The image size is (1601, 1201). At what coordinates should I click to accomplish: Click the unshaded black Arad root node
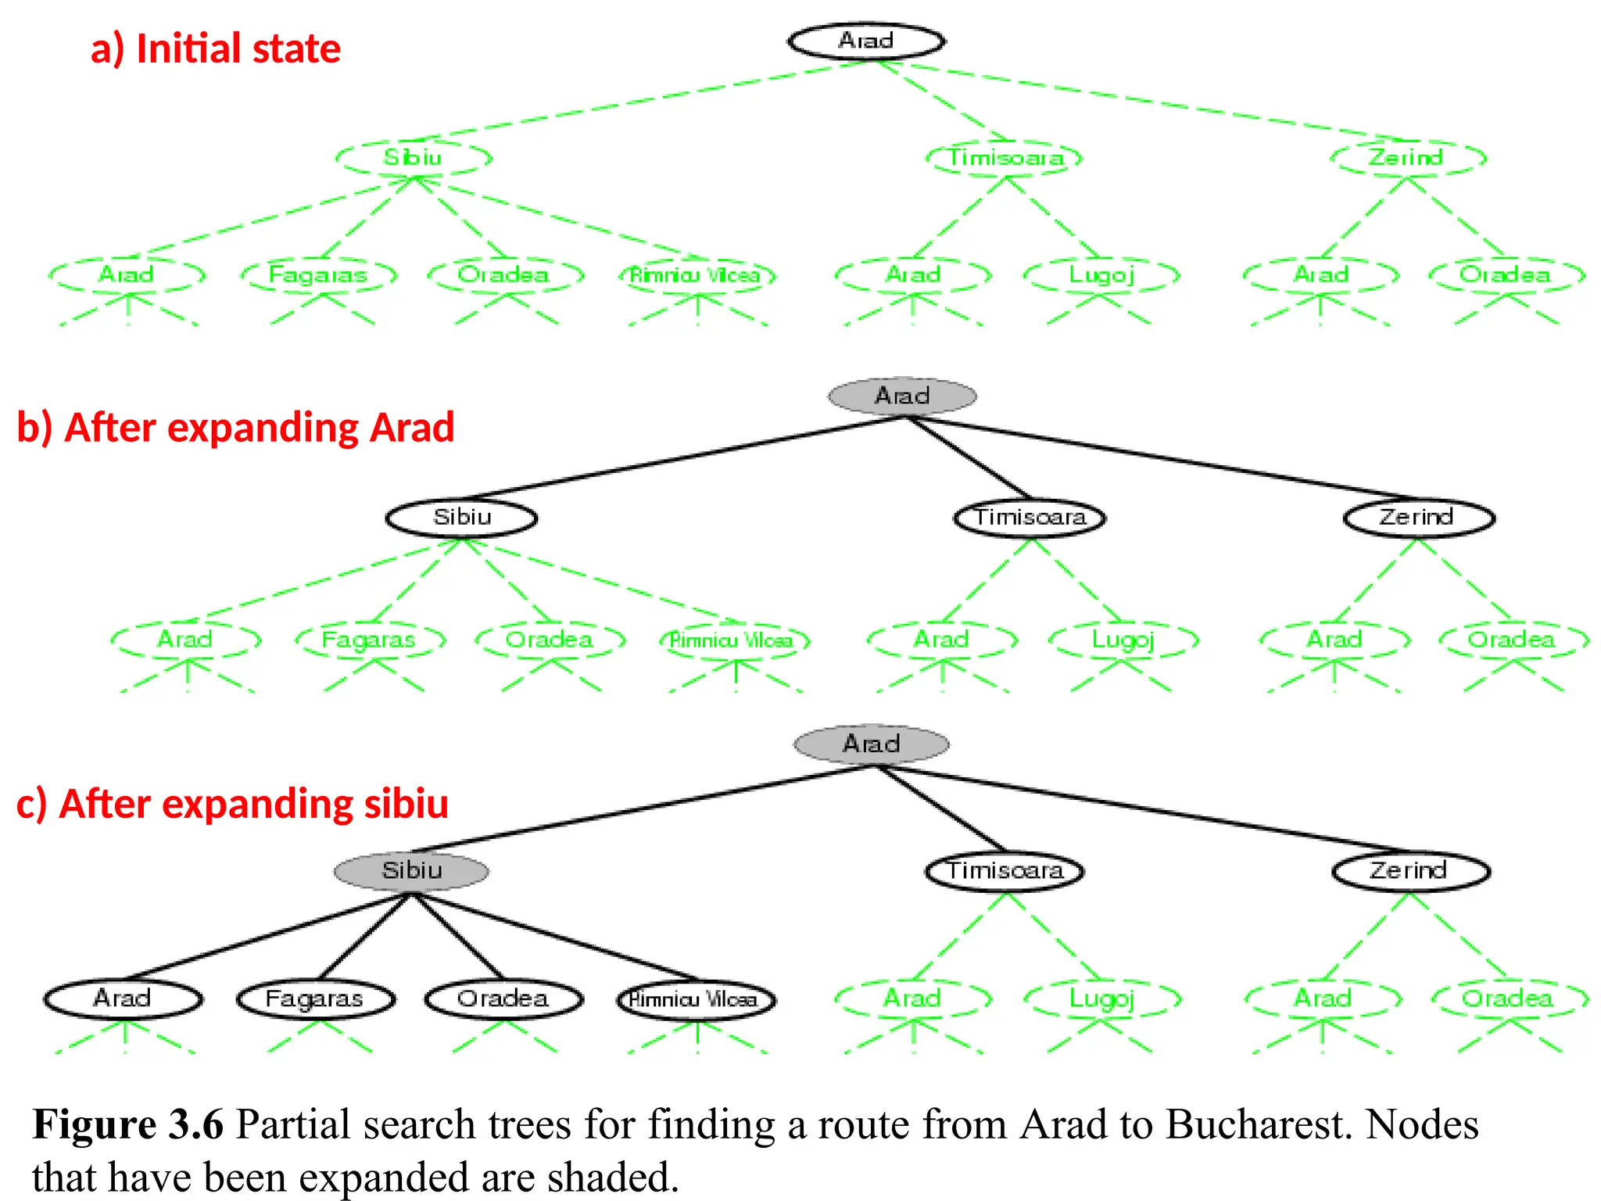click(x=866, y=41)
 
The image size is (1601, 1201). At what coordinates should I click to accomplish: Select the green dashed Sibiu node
click(x=414, y=158)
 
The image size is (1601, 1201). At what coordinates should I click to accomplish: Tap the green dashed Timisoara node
click(x=1005, y=158)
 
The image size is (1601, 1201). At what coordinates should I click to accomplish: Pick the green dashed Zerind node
click(x=1407, y=158)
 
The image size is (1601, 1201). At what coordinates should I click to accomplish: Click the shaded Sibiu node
click(x=411, y=870)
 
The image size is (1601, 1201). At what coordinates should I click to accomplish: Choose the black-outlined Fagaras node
click(x=315, y=998)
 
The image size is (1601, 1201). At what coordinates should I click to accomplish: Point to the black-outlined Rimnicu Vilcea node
click(x=696, y=999)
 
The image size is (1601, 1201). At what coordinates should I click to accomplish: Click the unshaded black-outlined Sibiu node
click(x=462, y=517)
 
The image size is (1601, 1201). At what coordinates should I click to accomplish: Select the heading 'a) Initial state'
click(x=216, y=48)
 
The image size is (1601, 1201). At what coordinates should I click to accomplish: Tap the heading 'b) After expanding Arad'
click(x=235, y=428)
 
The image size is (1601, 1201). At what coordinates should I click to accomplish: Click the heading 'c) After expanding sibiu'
click(x=232, y=804)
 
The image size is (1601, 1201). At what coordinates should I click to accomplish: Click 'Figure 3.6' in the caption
click(x=128, y=1124)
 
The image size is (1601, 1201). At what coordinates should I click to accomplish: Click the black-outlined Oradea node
click(x=503, y=998)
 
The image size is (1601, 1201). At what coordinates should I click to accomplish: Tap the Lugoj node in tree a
click(x=1101, y=275)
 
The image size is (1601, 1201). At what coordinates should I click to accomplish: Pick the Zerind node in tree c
click(x=1410, y=870)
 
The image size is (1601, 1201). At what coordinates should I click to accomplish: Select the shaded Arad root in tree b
click(x=902, y=396)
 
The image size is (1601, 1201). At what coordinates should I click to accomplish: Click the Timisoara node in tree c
click(x=1005, y=870)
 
